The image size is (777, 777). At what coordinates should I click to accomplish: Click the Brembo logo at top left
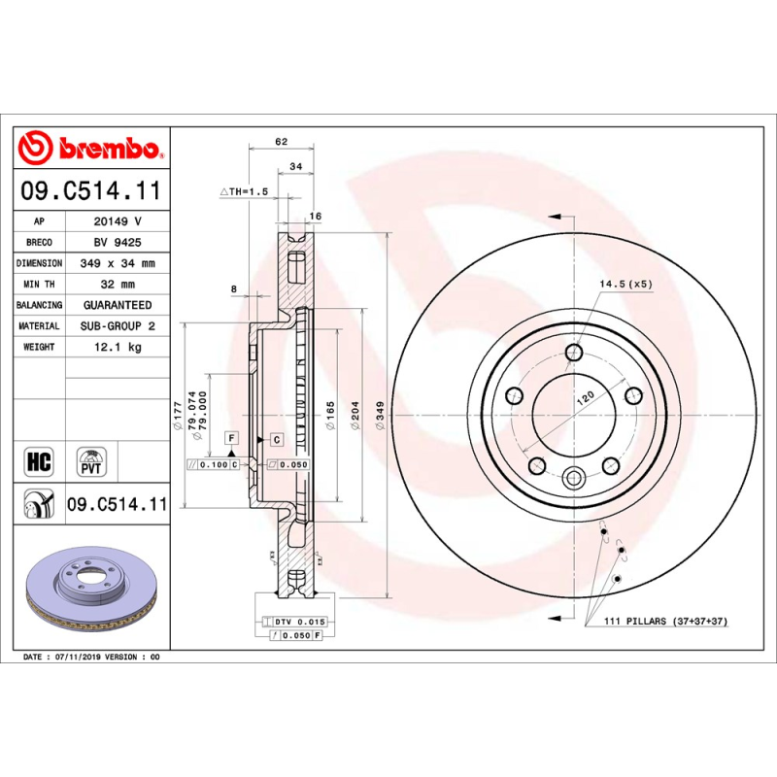pyautogui.click(x=89, y=149)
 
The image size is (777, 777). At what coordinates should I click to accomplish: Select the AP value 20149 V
pyautogui.click(x=118, y=221)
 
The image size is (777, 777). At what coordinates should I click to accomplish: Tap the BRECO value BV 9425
pyautogui.click(x=118, y=243)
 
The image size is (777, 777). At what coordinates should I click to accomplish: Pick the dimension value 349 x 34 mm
pyautogui.click(x=118, y=263)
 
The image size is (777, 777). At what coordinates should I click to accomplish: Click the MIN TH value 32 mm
pyautogui.click(x=118, y=285)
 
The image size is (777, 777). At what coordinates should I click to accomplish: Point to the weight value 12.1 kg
pyautogui.click(x=118, y=347)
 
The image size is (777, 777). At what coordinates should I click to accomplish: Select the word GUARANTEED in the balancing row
pyautogui.click(x=118, y=305)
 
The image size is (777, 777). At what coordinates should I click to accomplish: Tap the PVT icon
pyautogui.click(x=90, y=459)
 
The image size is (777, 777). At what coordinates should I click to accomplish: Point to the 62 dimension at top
pyautogui.click(x=282, y=142)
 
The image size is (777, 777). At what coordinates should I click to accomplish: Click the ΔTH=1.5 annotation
pyautogui.click(x=243, y=192)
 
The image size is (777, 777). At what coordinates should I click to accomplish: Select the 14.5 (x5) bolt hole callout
pyautogui.click(x=625, y=284)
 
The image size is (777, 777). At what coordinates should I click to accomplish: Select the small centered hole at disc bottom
pyautogui.click(x=573, y=477)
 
